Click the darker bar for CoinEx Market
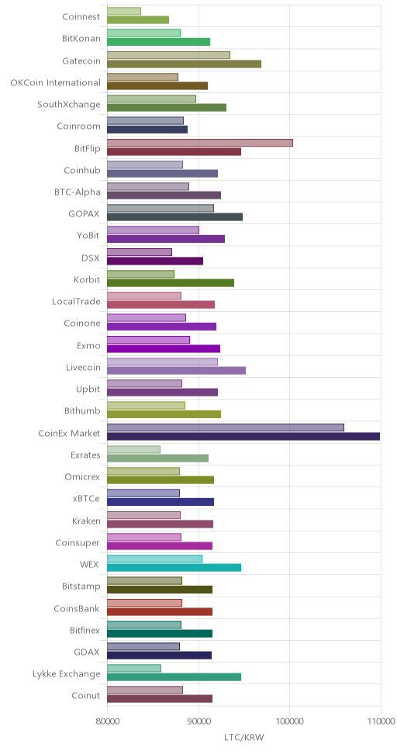(x=243, y=436)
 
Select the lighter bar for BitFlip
(x=200, y=143)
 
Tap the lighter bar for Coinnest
(x=124, y=11)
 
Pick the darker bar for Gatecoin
(x=184, y=64)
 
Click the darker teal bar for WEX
(x=174, y=568)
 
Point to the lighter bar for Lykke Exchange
(x=134, y=668)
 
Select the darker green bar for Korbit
(x=171, y=282)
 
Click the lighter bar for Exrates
(x=133, y=449)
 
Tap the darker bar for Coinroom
(x=147, y=130)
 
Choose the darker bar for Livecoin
(x=176, y=370)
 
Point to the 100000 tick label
(x=289, y=722)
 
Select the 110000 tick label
(x=381, y=722)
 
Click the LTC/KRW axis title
(x=243, y=736)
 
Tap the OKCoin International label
(x=56, y=82)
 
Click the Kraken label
(x=86, y=521)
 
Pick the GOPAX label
(x=85, y=213)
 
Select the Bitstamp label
(x=81, y=587)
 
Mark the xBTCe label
(x=87, y=499)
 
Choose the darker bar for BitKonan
(x=158, y=42)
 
